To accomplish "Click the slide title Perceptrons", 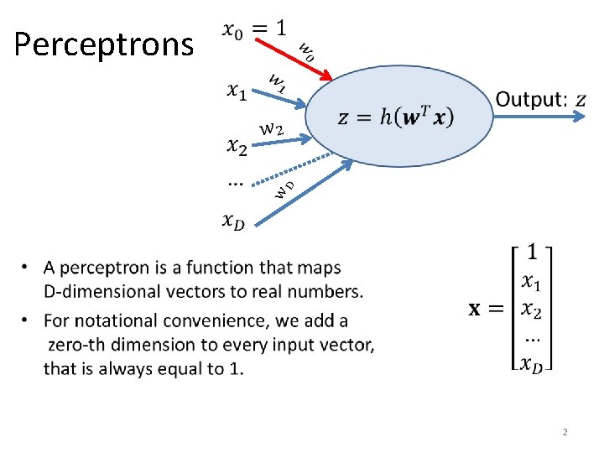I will [104, 44].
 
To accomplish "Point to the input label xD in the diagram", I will [235, 221].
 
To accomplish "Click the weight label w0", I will [306, 52].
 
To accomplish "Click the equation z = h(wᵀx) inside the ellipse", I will [395, 117].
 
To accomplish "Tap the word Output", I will [528, 100].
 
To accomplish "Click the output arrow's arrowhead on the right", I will [581, 118].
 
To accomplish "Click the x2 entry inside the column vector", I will [532, 310].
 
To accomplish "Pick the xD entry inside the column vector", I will [532, 362].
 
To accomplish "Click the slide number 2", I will [565, 432].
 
